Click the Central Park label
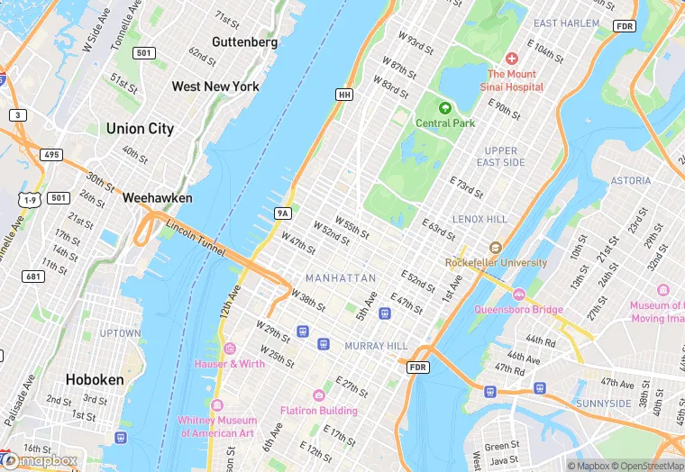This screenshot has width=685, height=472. [x=444, y=123]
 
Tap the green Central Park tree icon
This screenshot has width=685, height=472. [x=444, y=107]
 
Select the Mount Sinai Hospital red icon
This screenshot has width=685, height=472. [x=512, y=58]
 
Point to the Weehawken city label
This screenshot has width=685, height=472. [x=157, y=197]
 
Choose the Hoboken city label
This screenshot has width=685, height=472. [x=94, y=379]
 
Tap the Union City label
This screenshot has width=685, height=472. [x=140, y=129]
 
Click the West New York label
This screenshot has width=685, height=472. [x=215, y=86]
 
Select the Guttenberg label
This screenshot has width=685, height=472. [x=244, y=41]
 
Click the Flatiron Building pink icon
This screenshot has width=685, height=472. [x=319, y=395]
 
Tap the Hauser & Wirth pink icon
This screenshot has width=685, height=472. [x=230, y=349]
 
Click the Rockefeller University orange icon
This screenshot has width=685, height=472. [x=495, y=248]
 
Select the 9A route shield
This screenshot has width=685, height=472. [x=284, y=213]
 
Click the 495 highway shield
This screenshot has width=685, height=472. [x=52, y=155]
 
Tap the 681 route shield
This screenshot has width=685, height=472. [x=33, y=277]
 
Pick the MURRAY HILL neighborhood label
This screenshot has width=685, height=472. [x=376, y=346]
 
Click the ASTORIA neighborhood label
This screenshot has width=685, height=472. [x=630, y=181]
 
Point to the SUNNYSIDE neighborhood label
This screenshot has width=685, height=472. [x=602, y=404]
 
